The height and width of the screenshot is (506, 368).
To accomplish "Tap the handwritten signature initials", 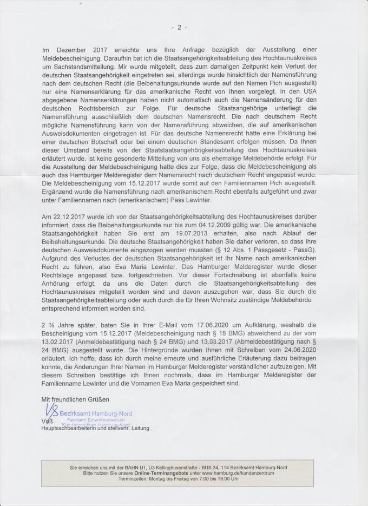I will (52, 412).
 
